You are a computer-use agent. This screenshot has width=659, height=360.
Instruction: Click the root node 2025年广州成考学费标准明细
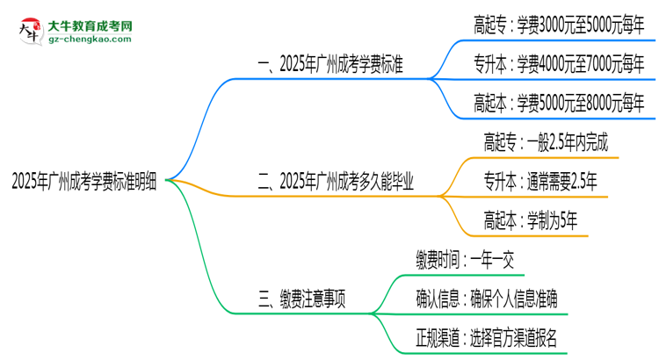pyautogui.click(x=85, y=182)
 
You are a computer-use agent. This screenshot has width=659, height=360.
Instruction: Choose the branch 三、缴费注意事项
pyautogui.click(x=301, y=299)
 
